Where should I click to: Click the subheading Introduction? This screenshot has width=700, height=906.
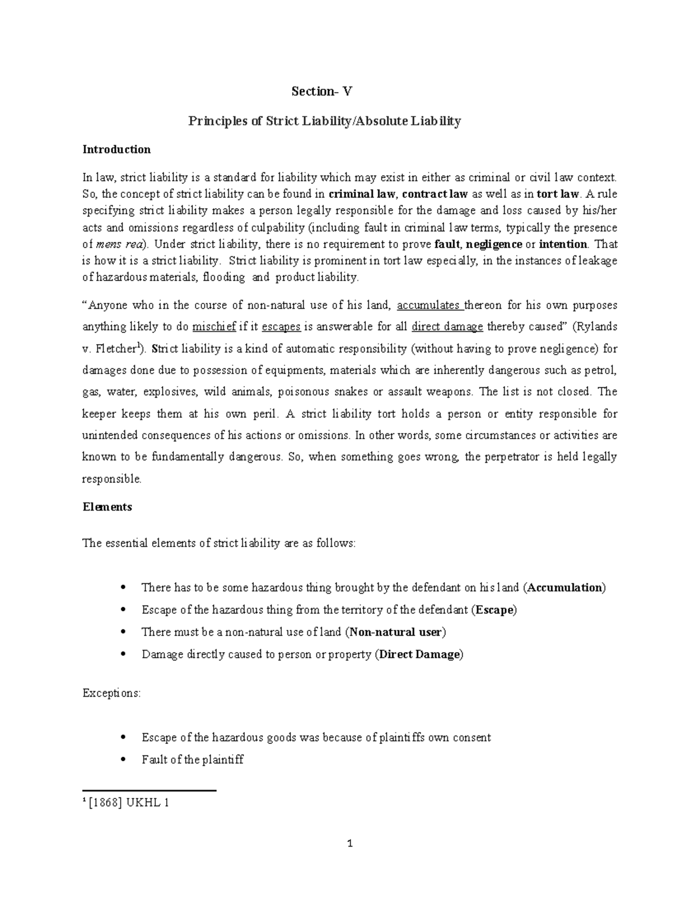pos(116,149)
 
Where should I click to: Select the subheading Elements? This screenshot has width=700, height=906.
pos(107,507)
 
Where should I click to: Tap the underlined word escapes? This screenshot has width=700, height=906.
pos(281,327)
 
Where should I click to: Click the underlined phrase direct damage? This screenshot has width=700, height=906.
pos(447,327)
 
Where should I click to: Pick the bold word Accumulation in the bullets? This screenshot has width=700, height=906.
pos(565,587)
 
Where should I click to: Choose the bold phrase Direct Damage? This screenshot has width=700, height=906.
pos(419,655)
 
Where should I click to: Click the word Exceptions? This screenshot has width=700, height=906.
pos(111,694)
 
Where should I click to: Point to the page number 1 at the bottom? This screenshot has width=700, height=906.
pos(350,844)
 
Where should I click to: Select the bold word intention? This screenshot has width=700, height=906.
pos(563,244)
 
